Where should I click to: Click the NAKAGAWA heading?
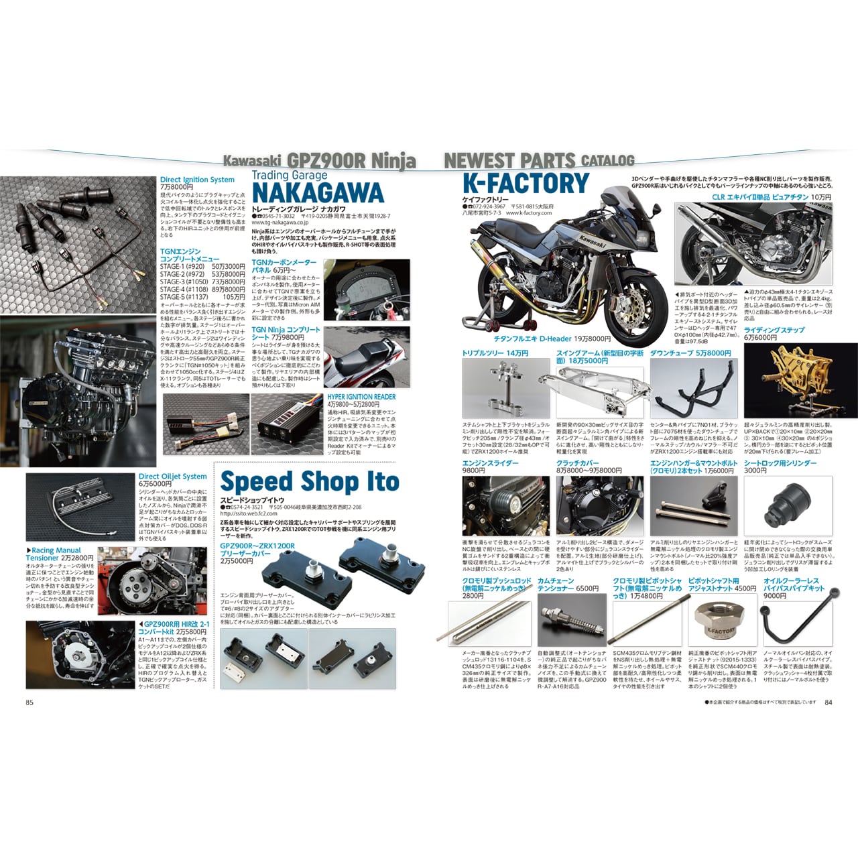tap(318, 193)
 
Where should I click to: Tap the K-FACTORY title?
tap(526, 183)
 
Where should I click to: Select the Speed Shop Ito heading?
tap(309, 482)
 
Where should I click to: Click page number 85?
tap(29, 702)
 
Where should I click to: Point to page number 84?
tap(828, 702)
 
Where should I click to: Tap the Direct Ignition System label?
tap(197, 180)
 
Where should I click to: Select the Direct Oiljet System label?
tap(172, 477)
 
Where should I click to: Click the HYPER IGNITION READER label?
tap(361, 397)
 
